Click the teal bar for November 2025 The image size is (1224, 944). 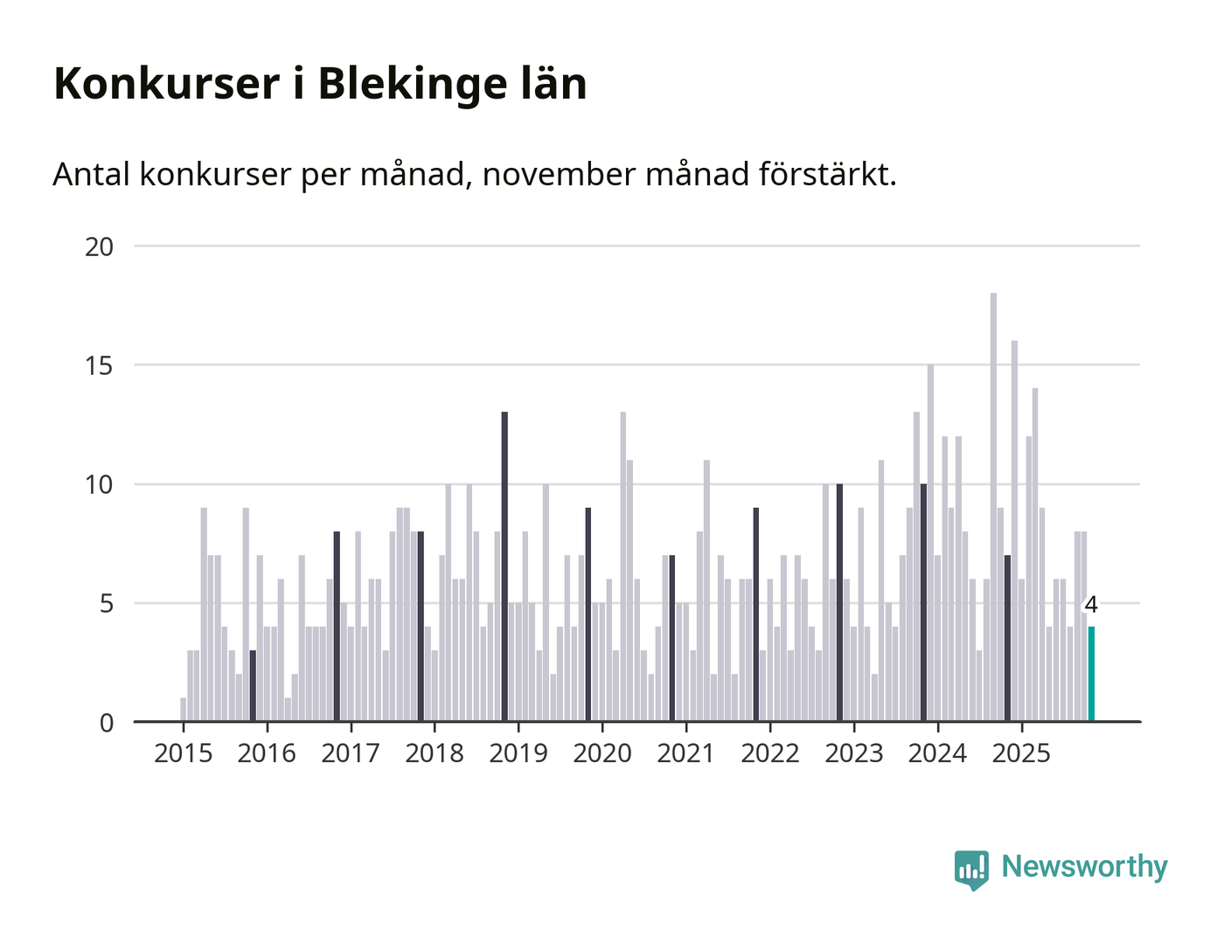(x=1091, y=674)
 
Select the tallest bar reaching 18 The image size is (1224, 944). (x=993, y=507)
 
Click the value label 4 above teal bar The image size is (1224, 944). (x=1090, y=605)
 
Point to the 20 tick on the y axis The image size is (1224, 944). (x=100, y=246)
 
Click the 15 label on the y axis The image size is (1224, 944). (x=100, y=365)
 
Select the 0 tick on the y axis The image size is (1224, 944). (x=107, y=723)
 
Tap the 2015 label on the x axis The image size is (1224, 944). (x=183, y=753)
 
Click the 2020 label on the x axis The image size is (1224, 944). (x=602, y=753)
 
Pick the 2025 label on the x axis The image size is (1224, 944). (x=1021, y=753)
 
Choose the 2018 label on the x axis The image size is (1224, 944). (x=435, y=753)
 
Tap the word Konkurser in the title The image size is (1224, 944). (x=167, y=85)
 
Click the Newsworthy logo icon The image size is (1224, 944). (x=971, y=869)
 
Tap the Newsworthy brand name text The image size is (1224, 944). (x=1084, y=866)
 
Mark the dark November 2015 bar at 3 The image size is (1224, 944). (x=253, y=686)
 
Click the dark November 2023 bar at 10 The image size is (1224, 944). (x=923, y=603)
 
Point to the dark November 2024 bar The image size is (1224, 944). (x=1007, y=638)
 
